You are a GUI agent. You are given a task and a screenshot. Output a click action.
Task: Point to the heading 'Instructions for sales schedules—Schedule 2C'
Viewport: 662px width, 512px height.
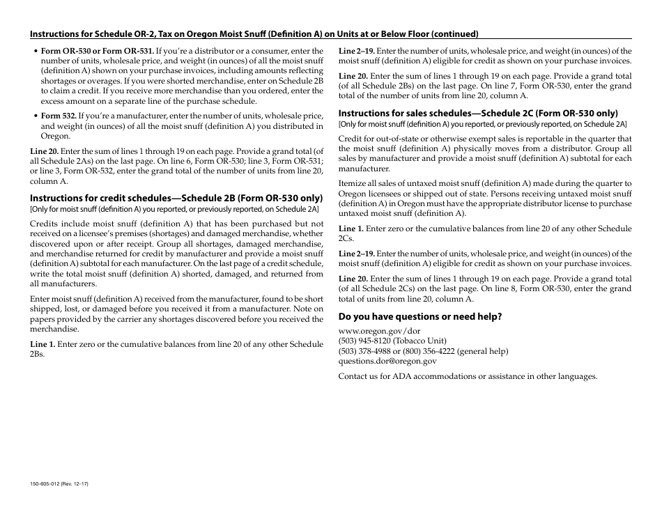(x=478, y=113)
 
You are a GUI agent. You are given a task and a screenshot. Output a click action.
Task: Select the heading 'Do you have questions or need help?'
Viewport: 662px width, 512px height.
(x=419, y=316)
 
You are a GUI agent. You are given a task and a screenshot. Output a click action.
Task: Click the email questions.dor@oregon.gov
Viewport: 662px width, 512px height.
(x=387, y=361)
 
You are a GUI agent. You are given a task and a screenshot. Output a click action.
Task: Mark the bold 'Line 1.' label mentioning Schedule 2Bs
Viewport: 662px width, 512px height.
(x=42, y=344)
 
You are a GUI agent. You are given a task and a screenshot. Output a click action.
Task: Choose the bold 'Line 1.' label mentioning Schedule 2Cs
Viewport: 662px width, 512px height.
(x=351, y=228)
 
